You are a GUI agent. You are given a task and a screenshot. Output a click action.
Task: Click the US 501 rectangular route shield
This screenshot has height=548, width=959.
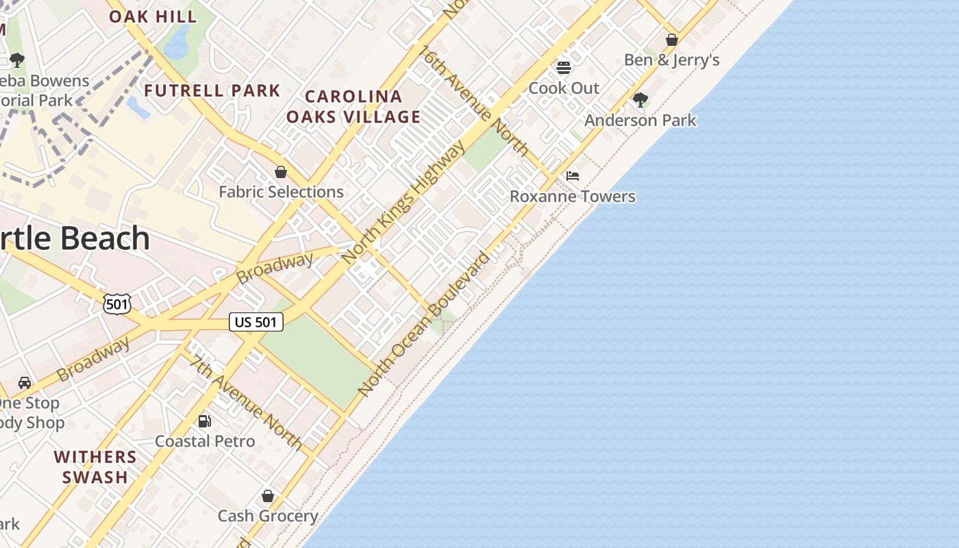click(256, 322)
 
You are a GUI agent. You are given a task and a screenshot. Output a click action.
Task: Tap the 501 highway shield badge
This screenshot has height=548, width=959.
click(117, 303)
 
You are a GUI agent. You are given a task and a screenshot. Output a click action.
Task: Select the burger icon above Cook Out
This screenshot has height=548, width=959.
click(564, 67)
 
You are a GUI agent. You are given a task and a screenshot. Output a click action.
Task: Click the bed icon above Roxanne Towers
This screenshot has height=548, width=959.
click(573, 176)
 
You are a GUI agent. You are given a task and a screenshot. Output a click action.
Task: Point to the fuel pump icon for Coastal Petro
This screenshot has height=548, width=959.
click(204, 421)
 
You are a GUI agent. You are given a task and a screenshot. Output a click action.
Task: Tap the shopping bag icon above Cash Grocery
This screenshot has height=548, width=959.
click(268, 495)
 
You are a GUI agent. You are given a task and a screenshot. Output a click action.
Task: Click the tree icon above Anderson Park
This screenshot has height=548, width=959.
click(640, 100)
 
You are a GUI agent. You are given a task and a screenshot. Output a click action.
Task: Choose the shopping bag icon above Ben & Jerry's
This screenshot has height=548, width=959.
click(672, 40)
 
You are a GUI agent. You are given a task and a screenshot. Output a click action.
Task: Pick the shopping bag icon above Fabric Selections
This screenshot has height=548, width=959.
click(281, 171)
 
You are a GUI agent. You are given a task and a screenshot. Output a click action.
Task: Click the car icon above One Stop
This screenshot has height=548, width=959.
click(25, 382)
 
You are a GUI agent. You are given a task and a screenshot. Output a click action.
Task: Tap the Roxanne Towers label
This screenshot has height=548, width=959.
click(573, 197)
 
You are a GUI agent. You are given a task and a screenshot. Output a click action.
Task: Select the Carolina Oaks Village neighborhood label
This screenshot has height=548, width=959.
click(353, 106)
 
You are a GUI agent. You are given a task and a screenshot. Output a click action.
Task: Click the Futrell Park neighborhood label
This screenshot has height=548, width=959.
click(212, 90)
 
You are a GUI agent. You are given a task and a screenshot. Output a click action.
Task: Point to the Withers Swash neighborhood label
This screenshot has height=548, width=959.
click(95, 466)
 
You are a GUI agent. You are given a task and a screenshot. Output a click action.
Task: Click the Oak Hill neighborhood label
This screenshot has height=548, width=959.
click(153, 16)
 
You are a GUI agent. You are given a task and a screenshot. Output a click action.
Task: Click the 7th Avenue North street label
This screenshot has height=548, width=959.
click(247, 402)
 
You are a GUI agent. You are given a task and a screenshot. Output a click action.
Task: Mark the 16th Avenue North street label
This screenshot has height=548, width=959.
click(474, 101)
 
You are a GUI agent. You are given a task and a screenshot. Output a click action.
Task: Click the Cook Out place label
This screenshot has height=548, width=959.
click(564, 88)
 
